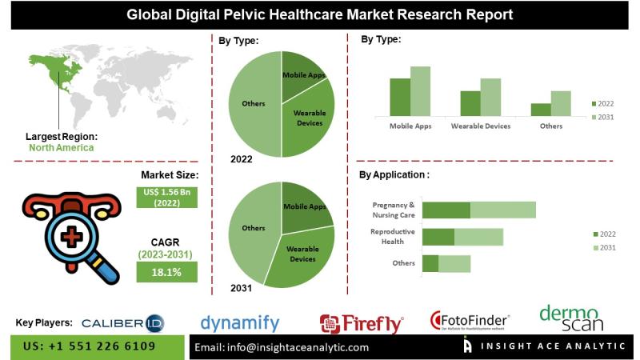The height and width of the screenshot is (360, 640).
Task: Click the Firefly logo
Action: click(x=362, y=323)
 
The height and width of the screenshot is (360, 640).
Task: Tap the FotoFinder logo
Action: click(x=470, y=322)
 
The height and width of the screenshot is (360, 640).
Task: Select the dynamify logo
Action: click(x=240, y=323)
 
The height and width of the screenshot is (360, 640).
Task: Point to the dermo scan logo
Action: click(x=571, y=318)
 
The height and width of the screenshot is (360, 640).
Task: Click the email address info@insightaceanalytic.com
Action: click(x=282, y=347)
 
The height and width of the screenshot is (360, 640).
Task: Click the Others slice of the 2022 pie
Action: click(x=252, y=103)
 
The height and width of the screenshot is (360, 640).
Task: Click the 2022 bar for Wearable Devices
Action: click(x=470, y=104)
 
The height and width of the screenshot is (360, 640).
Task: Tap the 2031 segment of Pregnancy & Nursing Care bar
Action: click(x=502, y=210)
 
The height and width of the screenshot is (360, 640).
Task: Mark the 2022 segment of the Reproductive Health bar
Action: click(x=438, y=237)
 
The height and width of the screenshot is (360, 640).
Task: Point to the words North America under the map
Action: click(x=61, y=147)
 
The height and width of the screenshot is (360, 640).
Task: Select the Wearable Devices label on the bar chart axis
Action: click(x=481, y=126)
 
